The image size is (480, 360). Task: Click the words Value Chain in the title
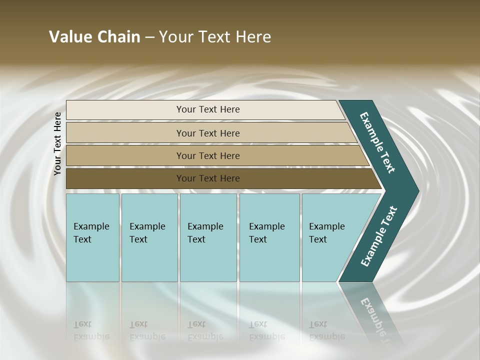[94, 37]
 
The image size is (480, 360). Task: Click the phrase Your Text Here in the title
[215, 37]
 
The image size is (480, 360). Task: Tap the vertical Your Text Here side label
[58, 143]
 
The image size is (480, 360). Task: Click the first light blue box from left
[92, 260]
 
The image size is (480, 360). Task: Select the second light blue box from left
[149, 260]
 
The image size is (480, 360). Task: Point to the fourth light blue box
[269, 260]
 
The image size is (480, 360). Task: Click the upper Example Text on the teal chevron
[378, 142]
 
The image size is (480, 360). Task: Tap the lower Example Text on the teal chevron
[379, 236]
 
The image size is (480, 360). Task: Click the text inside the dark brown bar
[208, 178]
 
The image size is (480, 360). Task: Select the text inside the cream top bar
[208, 109]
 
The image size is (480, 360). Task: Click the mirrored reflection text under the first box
[91, 330]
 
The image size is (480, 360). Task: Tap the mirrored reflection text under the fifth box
[326, 330]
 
